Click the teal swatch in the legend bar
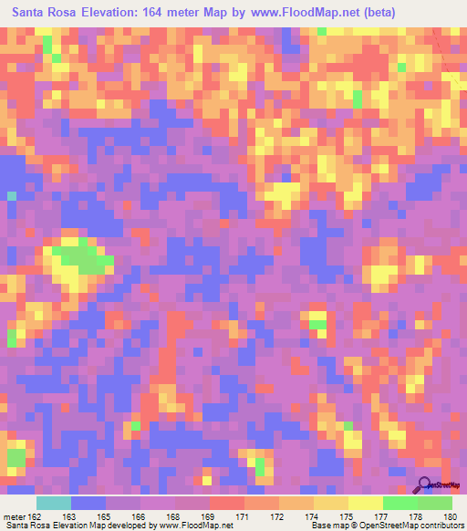pos(54,503)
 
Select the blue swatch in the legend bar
pos(88,503)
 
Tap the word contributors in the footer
pos(440,526)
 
